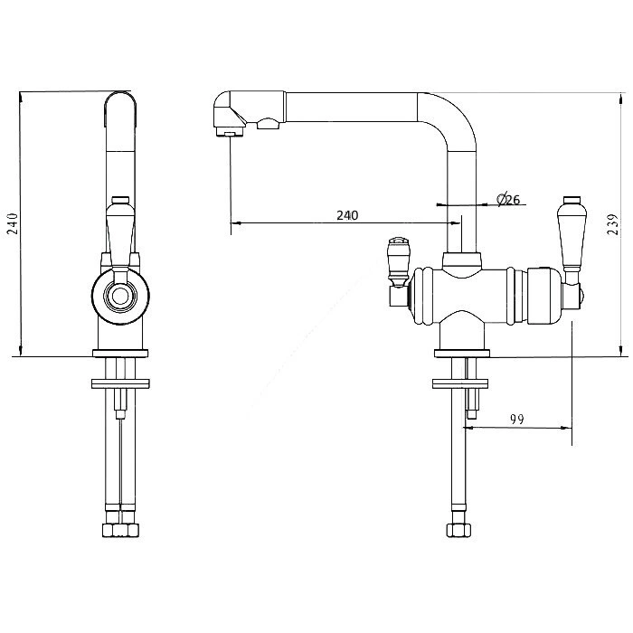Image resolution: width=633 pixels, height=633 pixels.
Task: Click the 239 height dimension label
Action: click(613, 225)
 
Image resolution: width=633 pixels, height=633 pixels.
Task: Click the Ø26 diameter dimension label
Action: click(508, 199)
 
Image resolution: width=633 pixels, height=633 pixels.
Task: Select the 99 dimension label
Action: click(516, 420)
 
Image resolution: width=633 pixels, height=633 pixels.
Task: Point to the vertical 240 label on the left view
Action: click(13, 223)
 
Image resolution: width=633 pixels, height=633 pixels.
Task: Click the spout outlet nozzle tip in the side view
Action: click(230, 132)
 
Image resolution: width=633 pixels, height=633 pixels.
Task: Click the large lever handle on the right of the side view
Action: click(570, 238)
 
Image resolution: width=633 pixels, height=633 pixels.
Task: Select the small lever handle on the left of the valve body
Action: click(397, 262)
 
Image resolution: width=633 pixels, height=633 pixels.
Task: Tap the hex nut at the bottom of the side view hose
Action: click(459, 530)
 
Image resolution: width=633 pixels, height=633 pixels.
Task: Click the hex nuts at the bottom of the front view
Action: click(121, 530)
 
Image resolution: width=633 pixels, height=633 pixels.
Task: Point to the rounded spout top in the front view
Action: click(120, 101)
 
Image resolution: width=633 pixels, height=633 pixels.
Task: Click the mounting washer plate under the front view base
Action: click(120, 383)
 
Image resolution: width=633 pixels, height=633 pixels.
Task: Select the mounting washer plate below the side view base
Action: click(460, 383)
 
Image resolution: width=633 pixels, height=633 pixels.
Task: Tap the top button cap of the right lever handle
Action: click(572, 200)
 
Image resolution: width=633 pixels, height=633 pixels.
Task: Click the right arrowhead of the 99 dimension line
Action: click(569, 428)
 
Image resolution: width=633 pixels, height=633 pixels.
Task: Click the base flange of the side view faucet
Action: click(462, 354)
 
